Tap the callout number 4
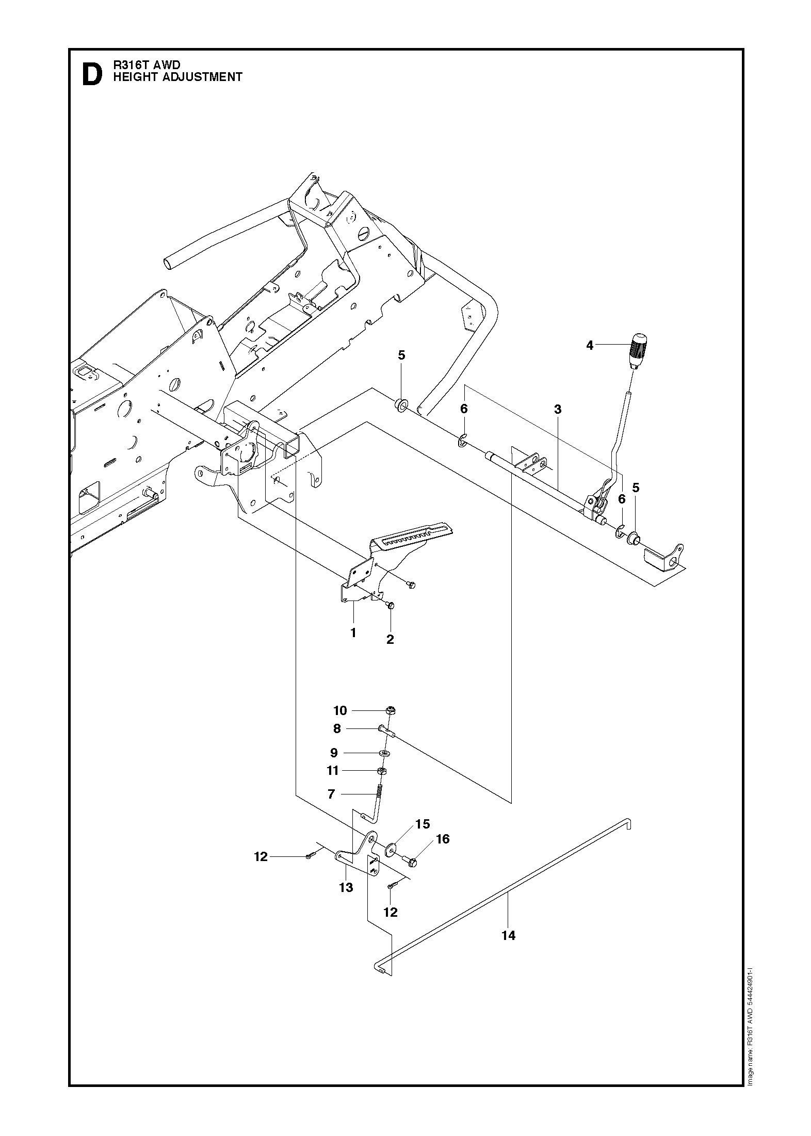coord(590,346)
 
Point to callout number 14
coord(508,935)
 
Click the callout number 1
coord(353,632)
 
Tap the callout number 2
coord(390,639)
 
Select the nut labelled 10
coord(391,710)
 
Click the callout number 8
coord(337,728)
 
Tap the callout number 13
coord(346,887)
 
